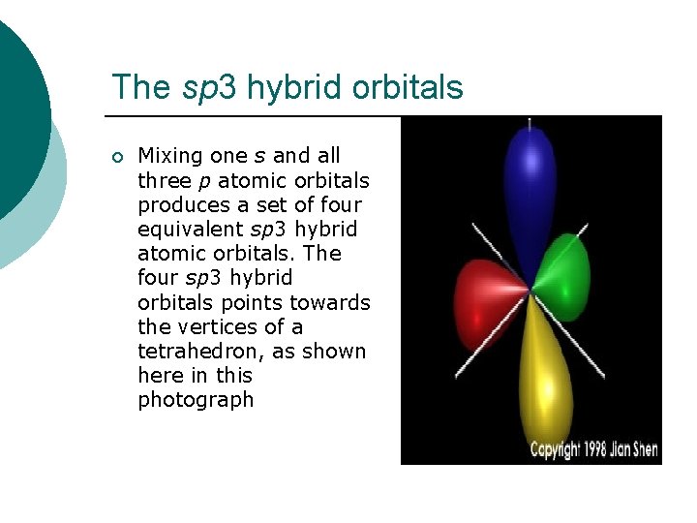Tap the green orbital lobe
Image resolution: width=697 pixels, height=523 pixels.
[563, 276]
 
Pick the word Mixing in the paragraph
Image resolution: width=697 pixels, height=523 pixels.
[170, 156]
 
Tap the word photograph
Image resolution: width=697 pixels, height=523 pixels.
[196, 400]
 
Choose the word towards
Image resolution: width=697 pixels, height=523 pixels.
[335, 302]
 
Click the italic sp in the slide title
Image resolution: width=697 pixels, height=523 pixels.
[198, 88]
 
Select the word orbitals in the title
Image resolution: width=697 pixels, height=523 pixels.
[408, 87]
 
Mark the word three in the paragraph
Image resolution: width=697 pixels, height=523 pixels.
[164, 181]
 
